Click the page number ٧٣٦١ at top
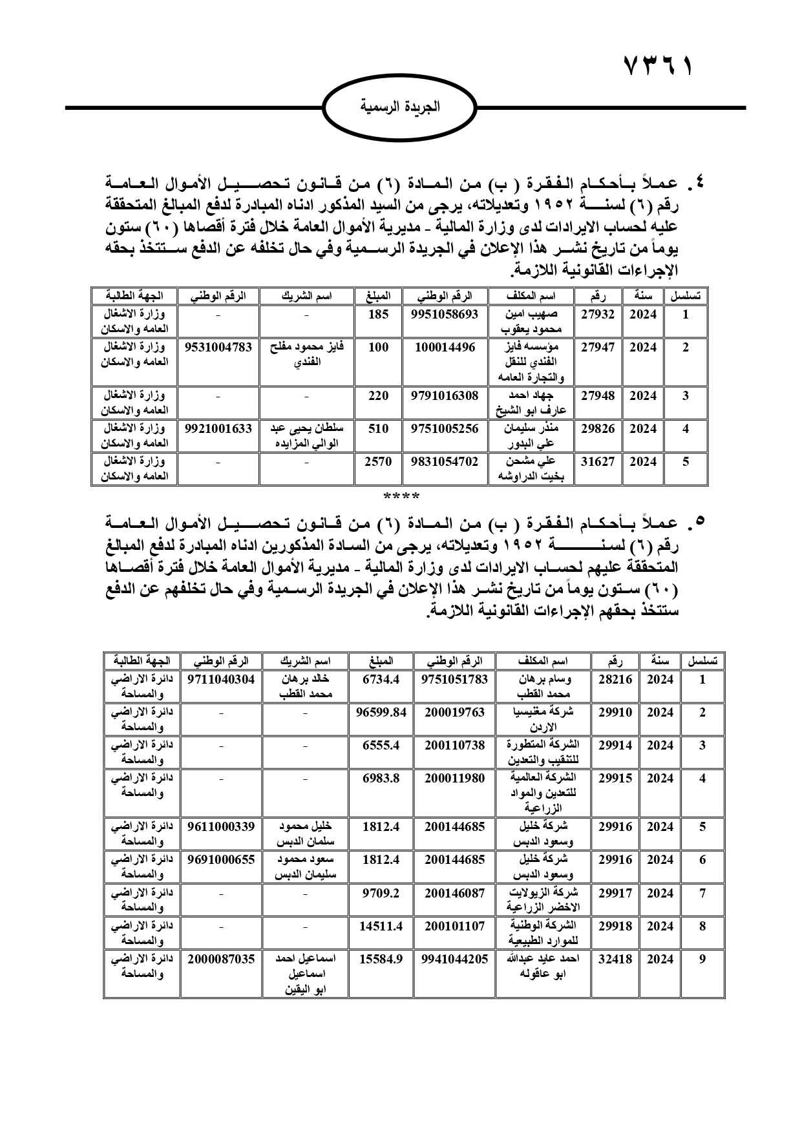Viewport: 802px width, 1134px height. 658,67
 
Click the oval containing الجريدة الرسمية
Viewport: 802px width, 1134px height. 401,107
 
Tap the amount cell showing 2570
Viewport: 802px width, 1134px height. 378,461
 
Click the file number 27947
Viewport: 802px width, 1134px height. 597,347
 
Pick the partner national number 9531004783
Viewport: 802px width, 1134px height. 218,347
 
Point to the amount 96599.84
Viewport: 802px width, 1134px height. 381,712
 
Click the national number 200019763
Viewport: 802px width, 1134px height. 454,712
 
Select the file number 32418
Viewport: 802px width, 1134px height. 615,959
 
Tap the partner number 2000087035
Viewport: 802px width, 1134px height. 221,959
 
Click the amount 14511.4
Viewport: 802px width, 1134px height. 381,926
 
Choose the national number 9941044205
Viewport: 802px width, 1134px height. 454,959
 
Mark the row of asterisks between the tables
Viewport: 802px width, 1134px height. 401,496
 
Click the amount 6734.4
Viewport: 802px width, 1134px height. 381,679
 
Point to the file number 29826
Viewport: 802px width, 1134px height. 597,428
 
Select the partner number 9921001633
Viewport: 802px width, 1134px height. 218,428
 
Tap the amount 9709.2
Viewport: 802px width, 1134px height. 381,893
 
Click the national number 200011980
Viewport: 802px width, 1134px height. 454,778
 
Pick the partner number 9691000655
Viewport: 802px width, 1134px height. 221,859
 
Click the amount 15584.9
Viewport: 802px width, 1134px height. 381,959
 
